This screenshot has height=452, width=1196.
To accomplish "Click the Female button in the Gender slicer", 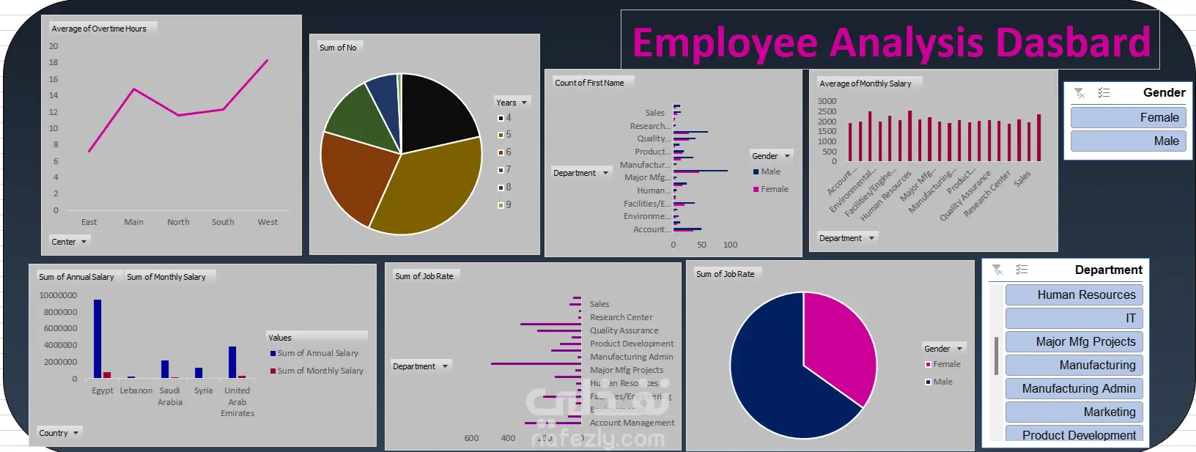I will (1127, 117).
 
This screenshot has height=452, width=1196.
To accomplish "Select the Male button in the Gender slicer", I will (1127, 141).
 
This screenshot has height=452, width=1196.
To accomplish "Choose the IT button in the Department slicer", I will (1074, 318).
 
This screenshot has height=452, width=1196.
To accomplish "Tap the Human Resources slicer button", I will (1074, 294).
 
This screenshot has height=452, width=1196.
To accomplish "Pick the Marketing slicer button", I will (1074, 412).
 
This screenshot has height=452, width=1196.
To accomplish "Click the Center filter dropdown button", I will (69, 242).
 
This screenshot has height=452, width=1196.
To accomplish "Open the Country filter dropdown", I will (59, 433).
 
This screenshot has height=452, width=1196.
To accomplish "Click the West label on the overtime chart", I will (267, 222).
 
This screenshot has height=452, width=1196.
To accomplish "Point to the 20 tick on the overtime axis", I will (53, 46).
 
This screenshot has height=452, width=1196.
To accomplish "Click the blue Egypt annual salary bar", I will (97, 338).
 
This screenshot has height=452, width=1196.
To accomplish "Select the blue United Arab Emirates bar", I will (232, 362).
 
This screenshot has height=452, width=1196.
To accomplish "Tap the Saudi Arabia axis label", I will (170, 396).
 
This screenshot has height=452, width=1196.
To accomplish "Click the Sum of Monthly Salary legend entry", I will (320, 371).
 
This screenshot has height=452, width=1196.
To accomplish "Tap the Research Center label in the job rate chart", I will (621, 317).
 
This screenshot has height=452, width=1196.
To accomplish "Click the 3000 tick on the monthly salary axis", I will (827, 101).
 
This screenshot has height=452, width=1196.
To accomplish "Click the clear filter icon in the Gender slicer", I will (1079, 93).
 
